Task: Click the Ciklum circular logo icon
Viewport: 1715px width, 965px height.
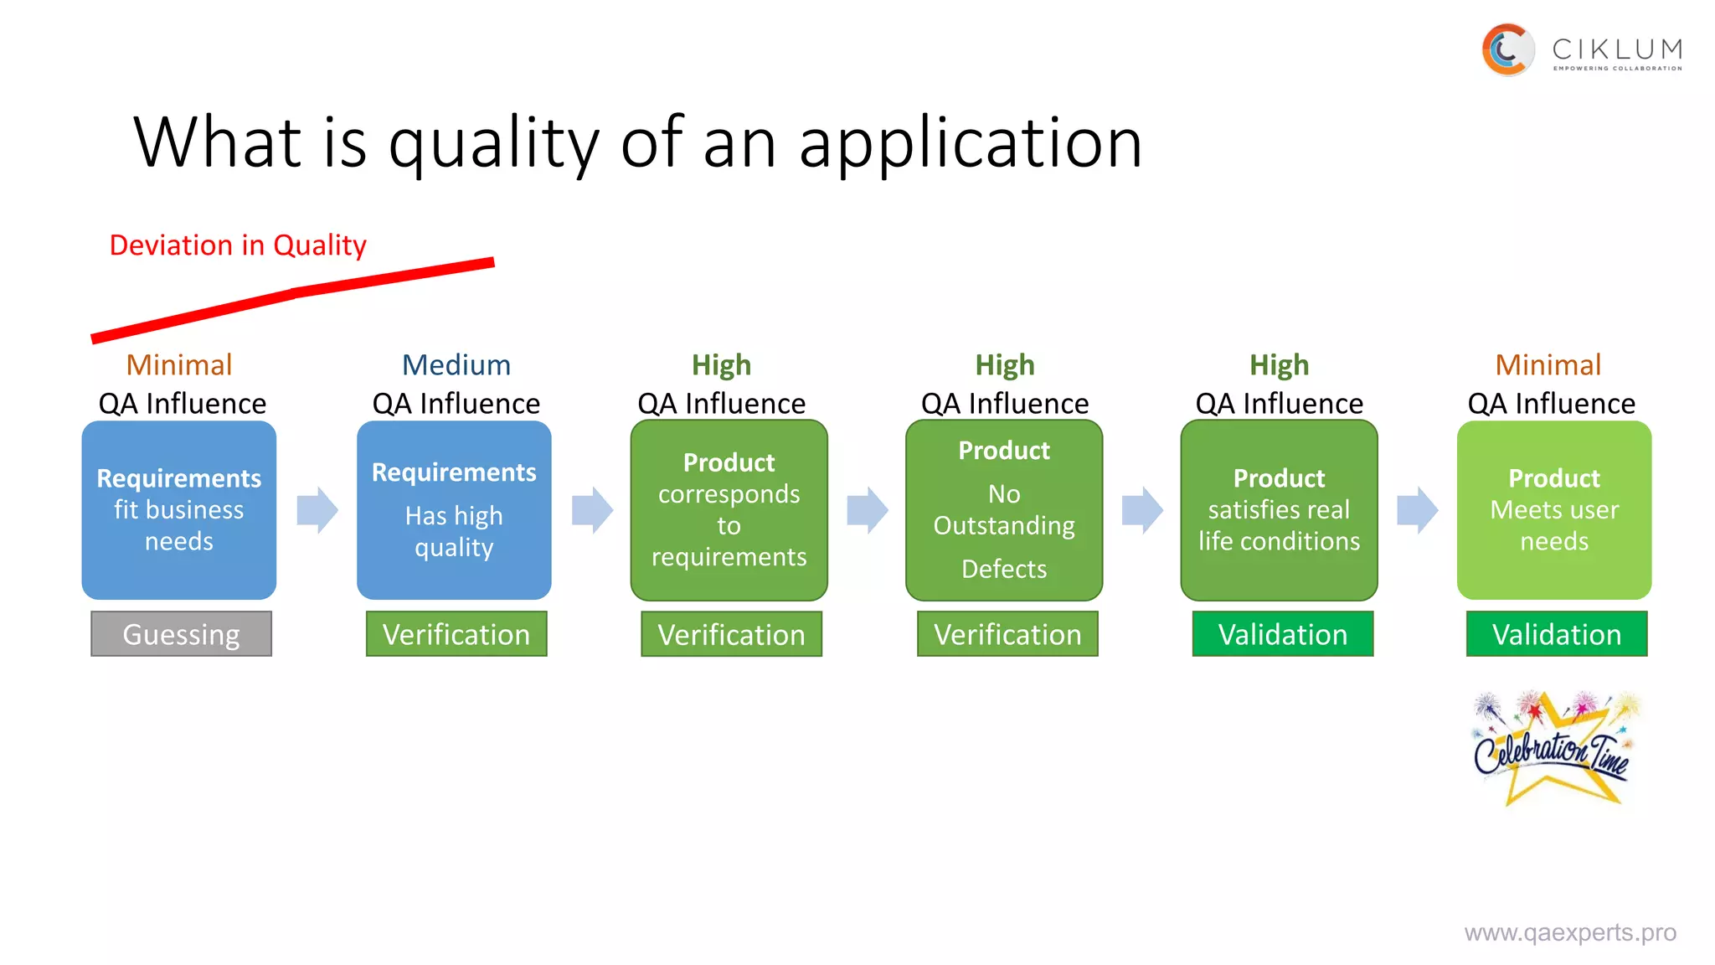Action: point(1507,50)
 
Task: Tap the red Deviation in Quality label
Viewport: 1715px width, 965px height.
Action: point(238,245)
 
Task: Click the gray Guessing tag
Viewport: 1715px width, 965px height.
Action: point(181,634)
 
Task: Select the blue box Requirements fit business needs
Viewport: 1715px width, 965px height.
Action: point(179,510)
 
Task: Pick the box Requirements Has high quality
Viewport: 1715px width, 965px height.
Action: point(454,510)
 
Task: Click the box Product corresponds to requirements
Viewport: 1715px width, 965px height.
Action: point(729,510)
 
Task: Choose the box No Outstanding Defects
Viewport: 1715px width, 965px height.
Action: point(1004,510)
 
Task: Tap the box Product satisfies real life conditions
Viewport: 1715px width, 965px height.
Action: point(1279,510)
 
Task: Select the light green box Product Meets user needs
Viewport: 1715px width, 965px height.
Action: point(1554,510)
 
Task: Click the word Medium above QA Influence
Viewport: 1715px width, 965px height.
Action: point(456,365)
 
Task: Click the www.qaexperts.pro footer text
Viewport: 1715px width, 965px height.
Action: point(1570,932)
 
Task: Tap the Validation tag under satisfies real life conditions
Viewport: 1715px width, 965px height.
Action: point(1283,634)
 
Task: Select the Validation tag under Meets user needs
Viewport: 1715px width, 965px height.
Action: point(1557,634)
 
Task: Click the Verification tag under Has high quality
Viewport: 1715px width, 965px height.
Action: point(456,634)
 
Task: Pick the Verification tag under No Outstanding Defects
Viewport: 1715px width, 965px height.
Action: point(1007,634)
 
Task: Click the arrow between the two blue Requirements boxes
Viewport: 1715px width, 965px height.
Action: point(317,510)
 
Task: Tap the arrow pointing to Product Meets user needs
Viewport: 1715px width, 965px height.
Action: point(1418,510)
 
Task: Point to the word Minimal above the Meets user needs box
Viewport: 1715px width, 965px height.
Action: point(1548,365)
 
